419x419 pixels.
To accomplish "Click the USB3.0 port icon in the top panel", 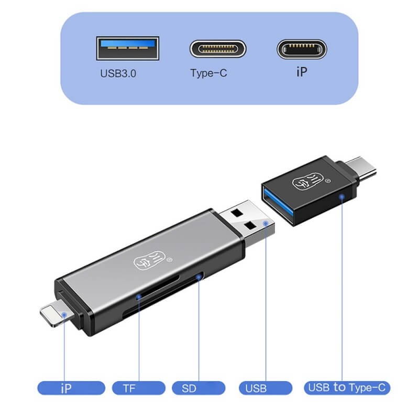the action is tap(128, 48).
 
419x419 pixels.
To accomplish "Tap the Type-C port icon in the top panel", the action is tap(218, 49).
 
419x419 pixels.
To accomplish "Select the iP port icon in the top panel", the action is tap(302, 49).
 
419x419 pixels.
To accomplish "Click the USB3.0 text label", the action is tap(118, 73).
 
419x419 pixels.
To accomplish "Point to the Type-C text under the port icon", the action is tap(208, 73).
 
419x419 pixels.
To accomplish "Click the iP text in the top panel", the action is tap(302, 72).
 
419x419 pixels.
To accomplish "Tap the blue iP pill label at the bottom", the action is tap(71, 388).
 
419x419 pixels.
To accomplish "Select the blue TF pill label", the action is tap(139, 388).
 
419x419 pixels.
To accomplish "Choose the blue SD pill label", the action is tap(199, 388).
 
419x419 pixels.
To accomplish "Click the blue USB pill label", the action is tap(266, 388).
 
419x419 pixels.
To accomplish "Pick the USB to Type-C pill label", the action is tap(347, 388).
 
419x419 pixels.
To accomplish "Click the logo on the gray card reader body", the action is tap(151, 260).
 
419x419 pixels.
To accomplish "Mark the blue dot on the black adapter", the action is tap(342, 197).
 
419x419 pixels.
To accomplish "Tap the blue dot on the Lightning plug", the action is tap(64, 315).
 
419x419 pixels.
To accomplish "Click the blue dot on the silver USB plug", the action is tap(266, 223).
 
